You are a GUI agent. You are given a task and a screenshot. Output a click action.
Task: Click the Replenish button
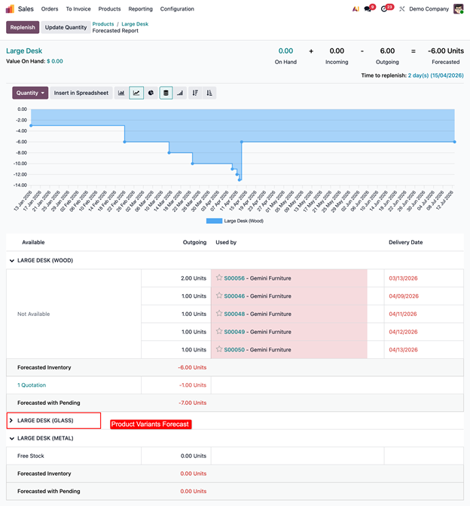coord(23,27)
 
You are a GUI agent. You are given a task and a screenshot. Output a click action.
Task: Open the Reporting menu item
coord(140,9)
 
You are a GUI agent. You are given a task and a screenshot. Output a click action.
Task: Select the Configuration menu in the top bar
coord(177,9)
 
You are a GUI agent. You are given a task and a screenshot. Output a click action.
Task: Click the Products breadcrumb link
coord(103,24)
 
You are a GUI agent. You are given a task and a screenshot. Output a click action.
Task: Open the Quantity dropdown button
coord(30,93)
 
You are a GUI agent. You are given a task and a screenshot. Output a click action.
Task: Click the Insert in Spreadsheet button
coord(81,93)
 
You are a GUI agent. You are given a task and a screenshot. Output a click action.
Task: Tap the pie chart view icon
coord(151,93)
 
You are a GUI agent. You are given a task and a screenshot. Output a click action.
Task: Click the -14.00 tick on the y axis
coord(21,185)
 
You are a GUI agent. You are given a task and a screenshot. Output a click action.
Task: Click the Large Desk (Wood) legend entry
coord(234,221)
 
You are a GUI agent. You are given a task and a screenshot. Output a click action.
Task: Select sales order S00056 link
coord(235,278)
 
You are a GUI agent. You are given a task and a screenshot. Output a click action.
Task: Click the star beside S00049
coord(219,332)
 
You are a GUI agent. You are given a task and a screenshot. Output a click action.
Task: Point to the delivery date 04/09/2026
coord(403,296)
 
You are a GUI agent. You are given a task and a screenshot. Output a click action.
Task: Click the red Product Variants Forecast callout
coord(151,425)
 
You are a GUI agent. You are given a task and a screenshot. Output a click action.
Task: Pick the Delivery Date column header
coord(405,243)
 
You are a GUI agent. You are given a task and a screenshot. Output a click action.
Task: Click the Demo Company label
coord(429,9)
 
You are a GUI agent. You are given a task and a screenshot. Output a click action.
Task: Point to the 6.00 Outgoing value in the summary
coord(387,51)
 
